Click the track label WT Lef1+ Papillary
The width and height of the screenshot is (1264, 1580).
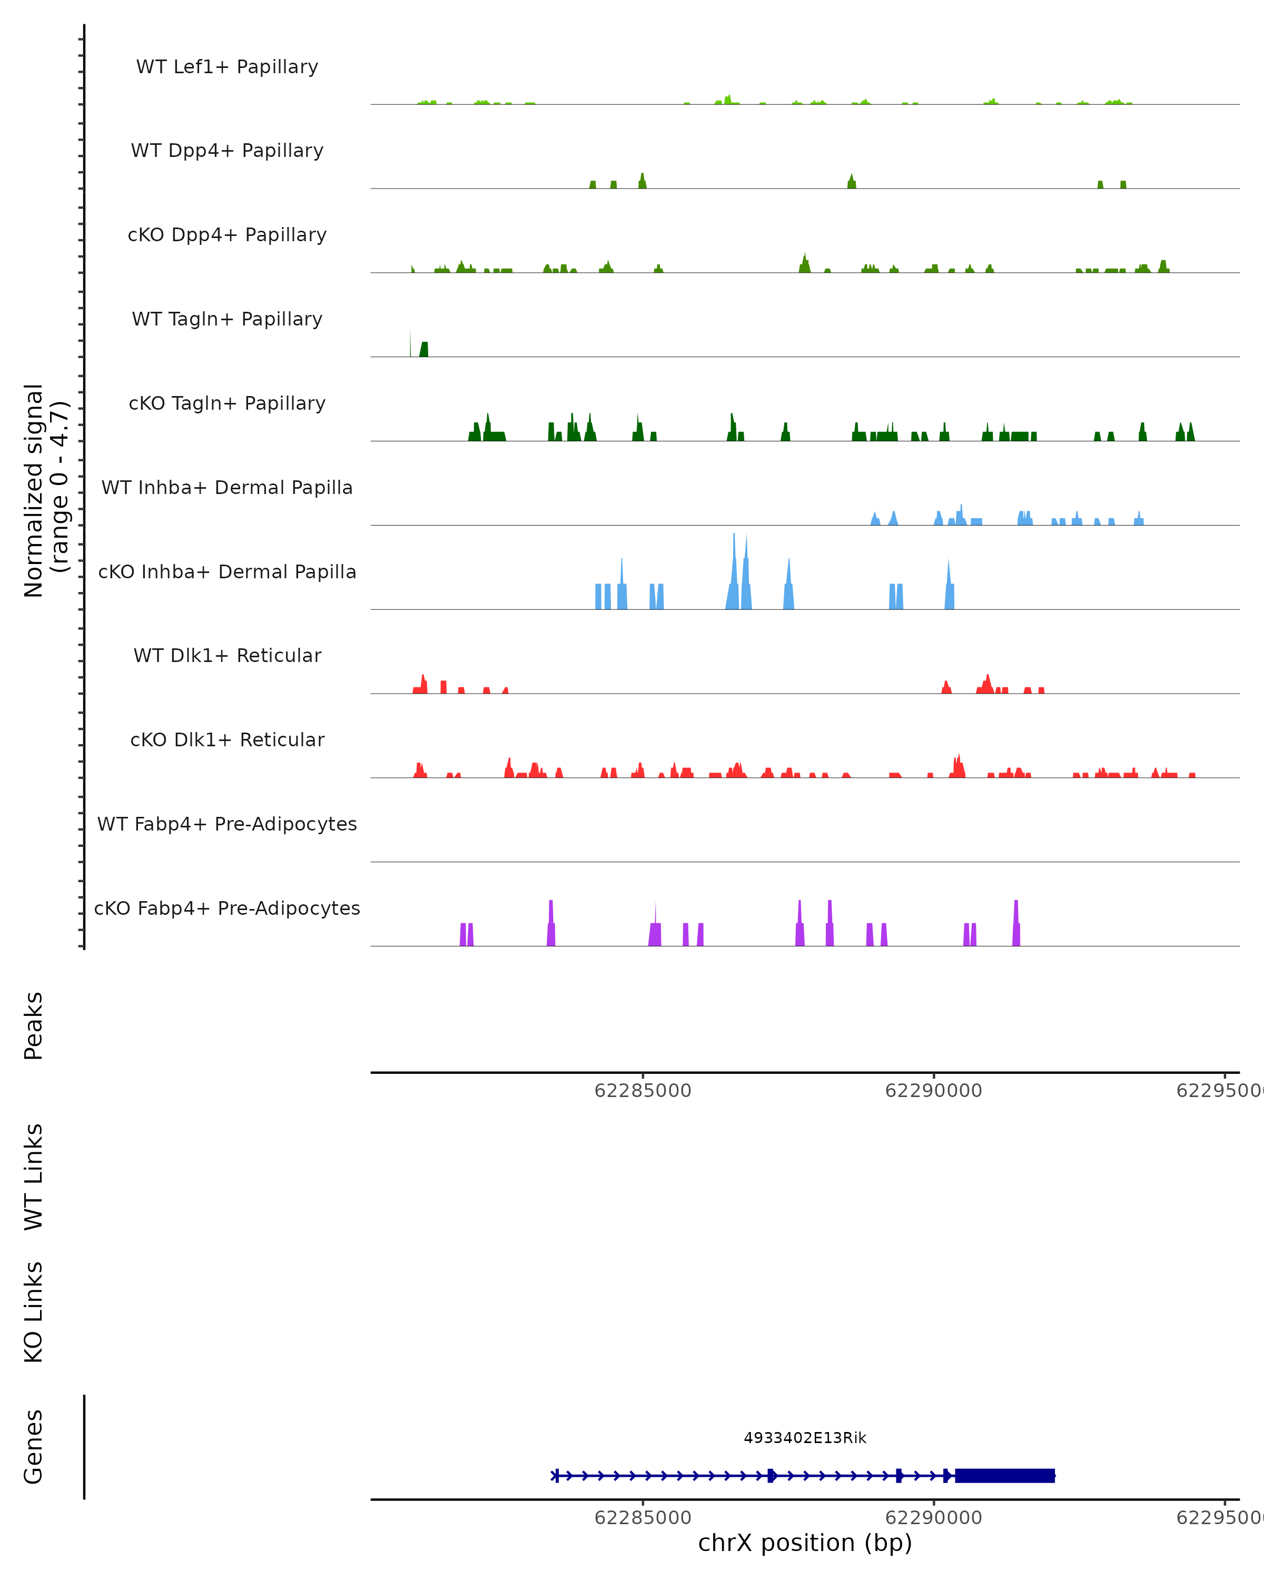coord(227,67)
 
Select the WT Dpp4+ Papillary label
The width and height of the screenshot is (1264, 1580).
coord(227,151)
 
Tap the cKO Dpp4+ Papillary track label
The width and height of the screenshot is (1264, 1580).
coord(227,235)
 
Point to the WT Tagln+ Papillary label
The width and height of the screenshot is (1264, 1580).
coord(227,320)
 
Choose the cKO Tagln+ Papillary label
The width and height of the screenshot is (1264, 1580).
coord(227,404)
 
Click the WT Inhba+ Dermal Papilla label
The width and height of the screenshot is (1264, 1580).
coord(227,488)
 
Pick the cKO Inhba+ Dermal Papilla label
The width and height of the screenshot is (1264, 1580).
coord(227,572)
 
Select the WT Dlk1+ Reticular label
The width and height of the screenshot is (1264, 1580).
coord(227,656)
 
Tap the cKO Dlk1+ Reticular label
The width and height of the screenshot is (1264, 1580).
coord(227,740)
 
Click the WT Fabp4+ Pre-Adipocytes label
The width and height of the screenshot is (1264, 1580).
coord(227,824)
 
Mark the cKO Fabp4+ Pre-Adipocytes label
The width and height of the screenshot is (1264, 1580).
coord(227,908)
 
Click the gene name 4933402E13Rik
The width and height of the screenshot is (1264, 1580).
coord(805,1438)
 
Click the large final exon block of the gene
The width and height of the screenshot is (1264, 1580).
coord(1004,1475)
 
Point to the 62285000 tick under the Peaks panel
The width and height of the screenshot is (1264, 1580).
coord(643,1091)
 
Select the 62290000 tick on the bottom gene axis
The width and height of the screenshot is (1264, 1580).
coord(934,1518)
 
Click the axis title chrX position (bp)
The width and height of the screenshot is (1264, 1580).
coord(805,1543)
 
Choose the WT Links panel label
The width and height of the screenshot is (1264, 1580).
coord(34,1176)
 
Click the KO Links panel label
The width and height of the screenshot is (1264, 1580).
coord(34,1312)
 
